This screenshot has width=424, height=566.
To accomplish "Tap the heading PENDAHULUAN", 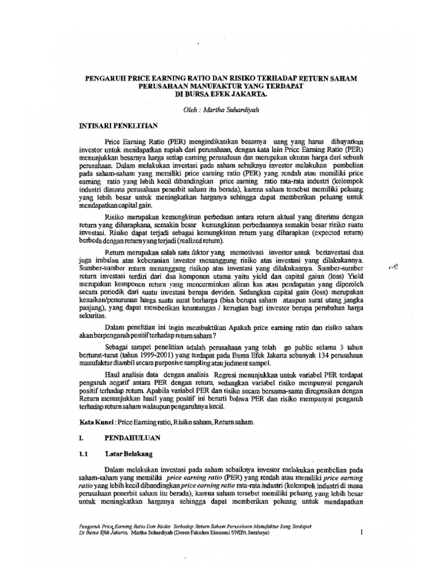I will (x=132, y=437).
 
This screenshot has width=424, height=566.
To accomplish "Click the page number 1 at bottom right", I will (x=361, y=532).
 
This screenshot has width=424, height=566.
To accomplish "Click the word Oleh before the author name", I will (x=190, y=111).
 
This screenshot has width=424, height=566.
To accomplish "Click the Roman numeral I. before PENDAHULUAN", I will (x=81, y=437).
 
